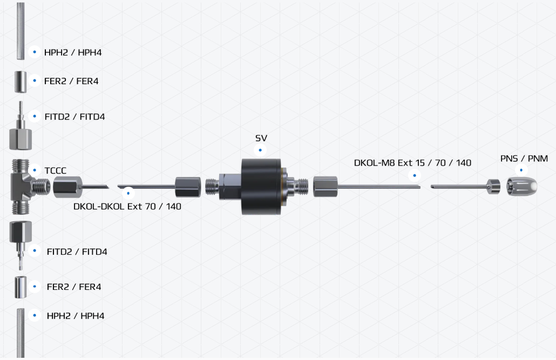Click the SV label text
(x=261, y=138)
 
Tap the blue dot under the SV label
(x=260, y=150)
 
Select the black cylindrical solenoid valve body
(x=261, y=187)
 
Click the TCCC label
(x=56, y=171)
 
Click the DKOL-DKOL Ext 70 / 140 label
(x=127, y=206)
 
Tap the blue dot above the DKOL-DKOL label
(x=128, y=193)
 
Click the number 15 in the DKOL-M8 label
(x=420, y=163)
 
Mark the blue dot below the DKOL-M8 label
(x=415, y=175)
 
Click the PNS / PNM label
(x=524, y=159)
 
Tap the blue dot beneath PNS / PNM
(x=521, y=170)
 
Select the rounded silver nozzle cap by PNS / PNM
(x=521, y=187)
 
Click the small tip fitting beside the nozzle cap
(x=493, y=187)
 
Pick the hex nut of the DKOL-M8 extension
(x=325, y=187)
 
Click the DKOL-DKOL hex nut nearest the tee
(x=67, y=187)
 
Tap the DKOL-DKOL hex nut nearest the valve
(x=188, y=187)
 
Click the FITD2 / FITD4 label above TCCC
(x=75, y=117)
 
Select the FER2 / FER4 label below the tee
(x=74, y=287)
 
